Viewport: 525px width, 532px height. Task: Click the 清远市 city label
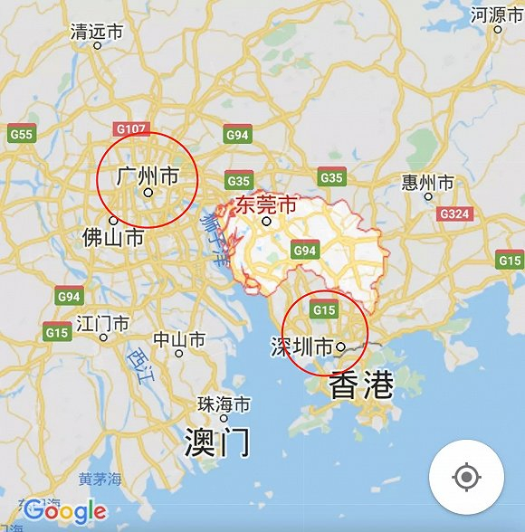point(97,32)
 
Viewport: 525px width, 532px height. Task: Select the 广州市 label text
point(148,176)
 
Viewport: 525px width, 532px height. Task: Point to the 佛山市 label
point(113,238)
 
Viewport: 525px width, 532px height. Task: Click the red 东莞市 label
point(266,204)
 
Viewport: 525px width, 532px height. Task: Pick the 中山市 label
point(178,340)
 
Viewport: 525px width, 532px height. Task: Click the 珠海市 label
point(224,404)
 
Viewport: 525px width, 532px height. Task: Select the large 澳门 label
point(216,442)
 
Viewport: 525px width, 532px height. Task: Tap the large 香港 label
point(361,386)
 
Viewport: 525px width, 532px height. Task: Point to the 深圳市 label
point(301,347)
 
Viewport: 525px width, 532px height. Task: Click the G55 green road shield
point(22,135)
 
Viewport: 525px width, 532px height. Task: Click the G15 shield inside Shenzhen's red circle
point(323,310)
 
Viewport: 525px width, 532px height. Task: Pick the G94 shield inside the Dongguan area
point(303,248)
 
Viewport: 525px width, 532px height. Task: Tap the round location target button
point(466,477)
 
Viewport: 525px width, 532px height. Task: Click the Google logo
point(65,510)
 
